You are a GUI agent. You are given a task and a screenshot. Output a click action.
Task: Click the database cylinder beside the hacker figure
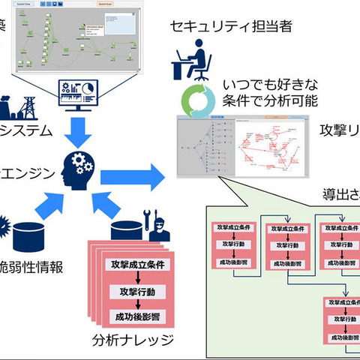(126, 228)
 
